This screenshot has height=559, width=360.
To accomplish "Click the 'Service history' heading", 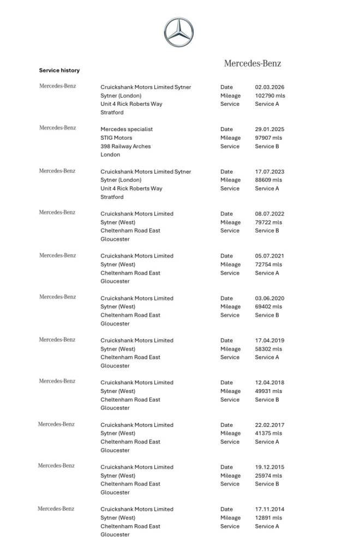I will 59,70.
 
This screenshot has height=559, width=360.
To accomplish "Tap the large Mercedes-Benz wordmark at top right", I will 253,63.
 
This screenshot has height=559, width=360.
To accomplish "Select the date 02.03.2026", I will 269,87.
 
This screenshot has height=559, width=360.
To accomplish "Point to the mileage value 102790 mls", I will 270,96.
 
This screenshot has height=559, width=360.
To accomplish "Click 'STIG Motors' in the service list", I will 116,138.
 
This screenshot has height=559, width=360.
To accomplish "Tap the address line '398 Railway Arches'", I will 125,146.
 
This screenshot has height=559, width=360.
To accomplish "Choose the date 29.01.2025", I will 269,129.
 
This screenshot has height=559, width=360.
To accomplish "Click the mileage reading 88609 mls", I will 268,180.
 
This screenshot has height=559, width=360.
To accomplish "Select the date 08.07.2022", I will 269,214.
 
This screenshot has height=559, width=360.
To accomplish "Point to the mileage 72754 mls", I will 268,265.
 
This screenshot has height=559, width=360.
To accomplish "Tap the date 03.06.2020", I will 269,299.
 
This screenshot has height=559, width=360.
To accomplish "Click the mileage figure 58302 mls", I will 268,349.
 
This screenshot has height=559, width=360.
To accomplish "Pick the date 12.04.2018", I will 269,383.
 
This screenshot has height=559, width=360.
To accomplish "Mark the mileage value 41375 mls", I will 268,433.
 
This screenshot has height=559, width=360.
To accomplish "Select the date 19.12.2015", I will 269,467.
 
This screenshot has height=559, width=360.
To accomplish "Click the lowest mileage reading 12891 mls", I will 268,518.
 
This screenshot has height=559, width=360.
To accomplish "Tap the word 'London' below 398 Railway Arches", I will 110,154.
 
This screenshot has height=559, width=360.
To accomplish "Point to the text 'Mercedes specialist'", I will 127,129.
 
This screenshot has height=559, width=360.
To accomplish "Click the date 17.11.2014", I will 269,509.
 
